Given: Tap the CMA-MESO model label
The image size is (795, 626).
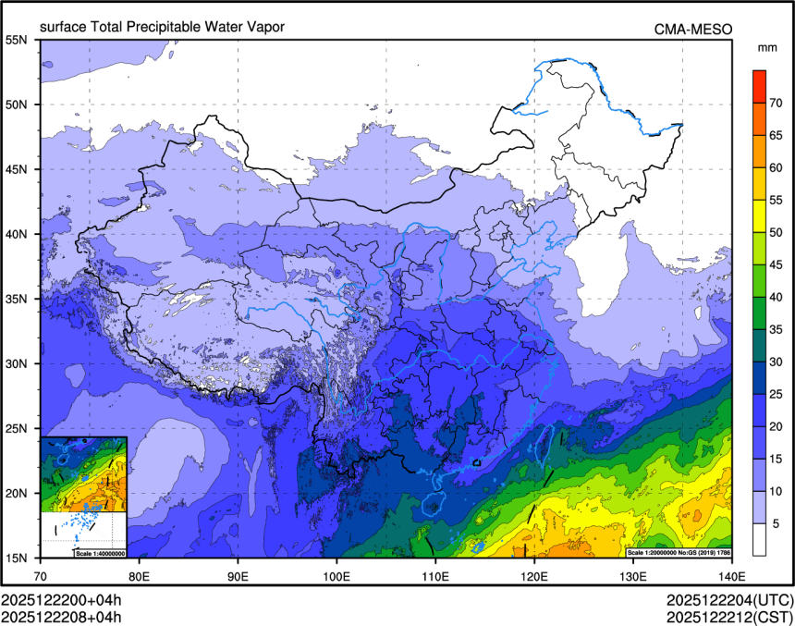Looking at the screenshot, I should (692, 29).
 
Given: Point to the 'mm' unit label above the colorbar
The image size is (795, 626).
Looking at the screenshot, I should (765, 47).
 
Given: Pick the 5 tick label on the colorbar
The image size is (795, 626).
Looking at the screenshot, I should (777, 523).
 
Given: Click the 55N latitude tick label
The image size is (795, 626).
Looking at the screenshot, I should (20, 40).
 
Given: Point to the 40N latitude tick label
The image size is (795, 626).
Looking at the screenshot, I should (20, 234).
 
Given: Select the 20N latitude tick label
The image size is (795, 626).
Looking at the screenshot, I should (20, 493).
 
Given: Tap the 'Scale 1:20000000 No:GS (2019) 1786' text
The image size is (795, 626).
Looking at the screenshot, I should (680, 552).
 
